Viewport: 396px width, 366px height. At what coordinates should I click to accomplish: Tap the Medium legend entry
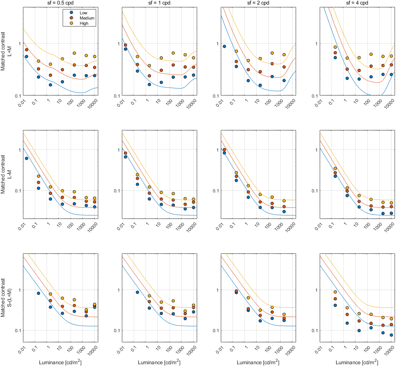[87, 18]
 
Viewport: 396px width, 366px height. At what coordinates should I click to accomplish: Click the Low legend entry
[84, 12]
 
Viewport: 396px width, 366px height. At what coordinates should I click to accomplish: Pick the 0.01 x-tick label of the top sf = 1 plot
[119, 102]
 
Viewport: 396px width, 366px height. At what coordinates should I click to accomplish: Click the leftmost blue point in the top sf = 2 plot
[225, 46]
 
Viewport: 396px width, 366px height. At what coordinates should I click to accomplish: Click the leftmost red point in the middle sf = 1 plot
[125, 153]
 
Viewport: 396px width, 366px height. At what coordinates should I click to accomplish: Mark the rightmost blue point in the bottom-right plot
[391, 335]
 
